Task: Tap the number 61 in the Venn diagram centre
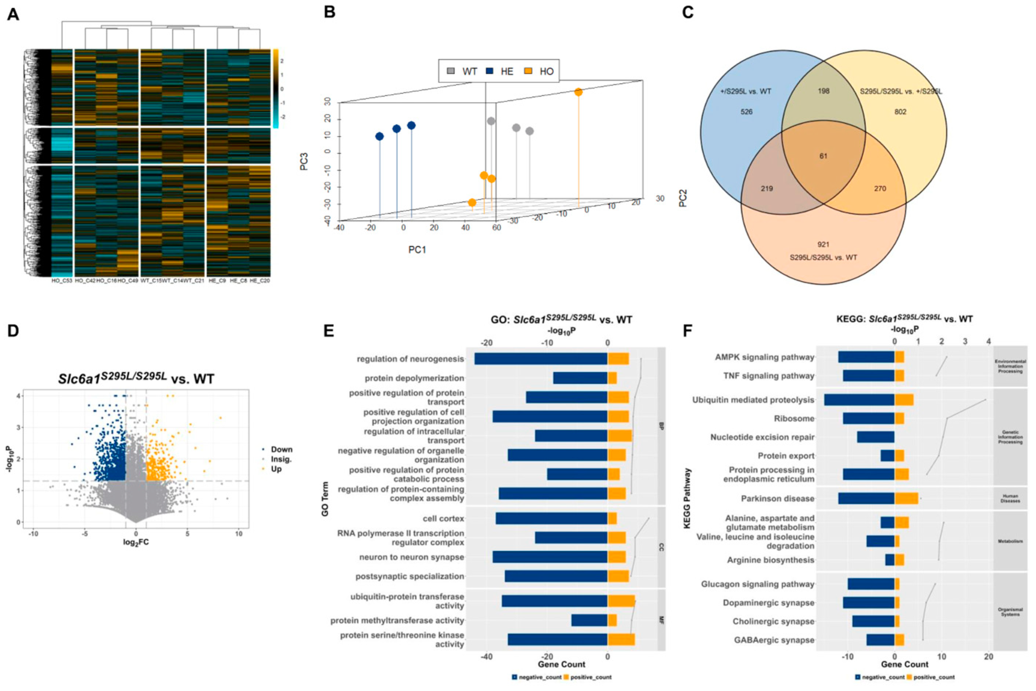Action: coord(823,156)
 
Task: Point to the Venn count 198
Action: coord(823,91)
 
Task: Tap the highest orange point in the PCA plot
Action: coord(578,92)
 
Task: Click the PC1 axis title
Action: coord(417,250)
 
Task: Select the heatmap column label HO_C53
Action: coord(62,281)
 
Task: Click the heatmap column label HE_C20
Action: coord(260,281)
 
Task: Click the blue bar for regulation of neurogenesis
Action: coord(541,359)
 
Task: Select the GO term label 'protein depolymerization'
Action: coord(414,378)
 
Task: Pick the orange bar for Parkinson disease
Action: coord(906,498)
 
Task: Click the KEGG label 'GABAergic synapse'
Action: coord(774,640)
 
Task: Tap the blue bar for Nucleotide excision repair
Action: coord(876,437)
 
